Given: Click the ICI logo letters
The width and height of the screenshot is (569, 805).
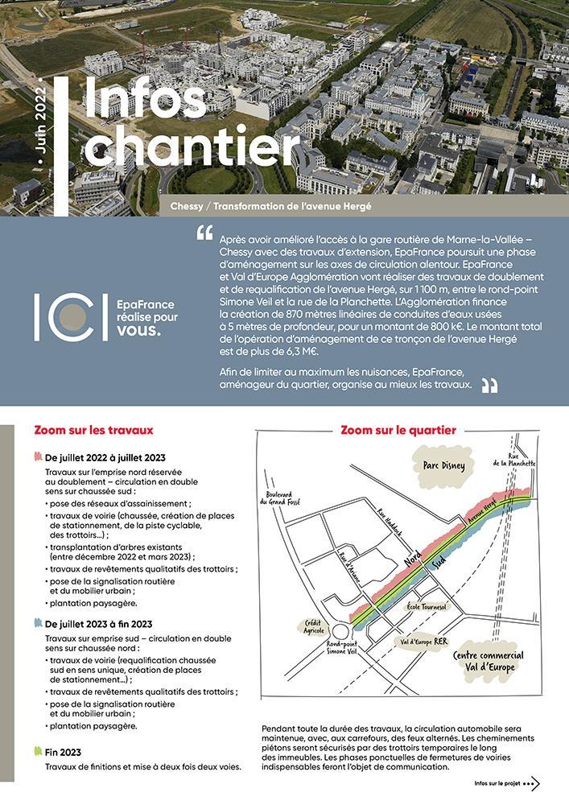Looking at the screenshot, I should click(71, 317).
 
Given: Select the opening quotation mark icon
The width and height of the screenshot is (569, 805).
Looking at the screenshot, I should click(204, 233).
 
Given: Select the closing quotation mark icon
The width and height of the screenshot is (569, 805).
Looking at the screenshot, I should click(489, 386).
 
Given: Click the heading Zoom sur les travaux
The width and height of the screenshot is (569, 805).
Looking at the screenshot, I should click(94, 431).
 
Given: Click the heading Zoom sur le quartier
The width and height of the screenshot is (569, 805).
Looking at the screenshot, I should click(398, 431).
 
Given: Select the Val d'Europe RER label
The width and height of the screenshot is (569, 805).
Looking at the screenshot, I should click(424, 642).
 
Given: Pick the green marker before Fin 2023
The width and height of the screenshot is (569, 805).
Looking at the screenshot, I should click(39, 751).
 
